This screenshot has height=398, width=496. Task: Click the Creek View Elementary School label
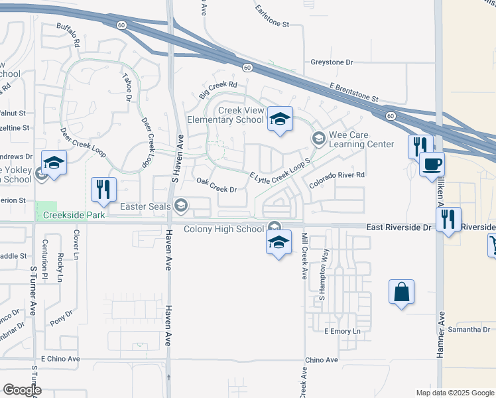point(226,114)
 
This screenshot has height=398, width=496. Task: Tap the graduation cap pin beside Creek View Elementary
point(280,119)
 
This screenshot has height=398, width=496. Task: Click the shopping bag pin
point(402,292)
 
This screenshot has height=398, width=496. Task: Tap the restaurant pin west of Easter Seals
point(103,190)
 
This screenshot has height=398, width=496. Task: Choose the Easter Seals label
point(146,206)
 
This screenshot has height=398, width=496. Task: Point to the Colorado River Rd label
point(336,176)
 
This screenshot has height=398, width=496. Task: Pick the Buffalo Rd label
point(68,35)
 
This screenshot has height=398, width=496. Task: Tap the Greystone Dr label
point(332,62)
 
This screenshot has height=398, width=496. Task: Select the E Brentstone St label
point(354,92)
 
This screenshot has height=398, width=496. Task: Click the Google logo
point(22,389)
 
